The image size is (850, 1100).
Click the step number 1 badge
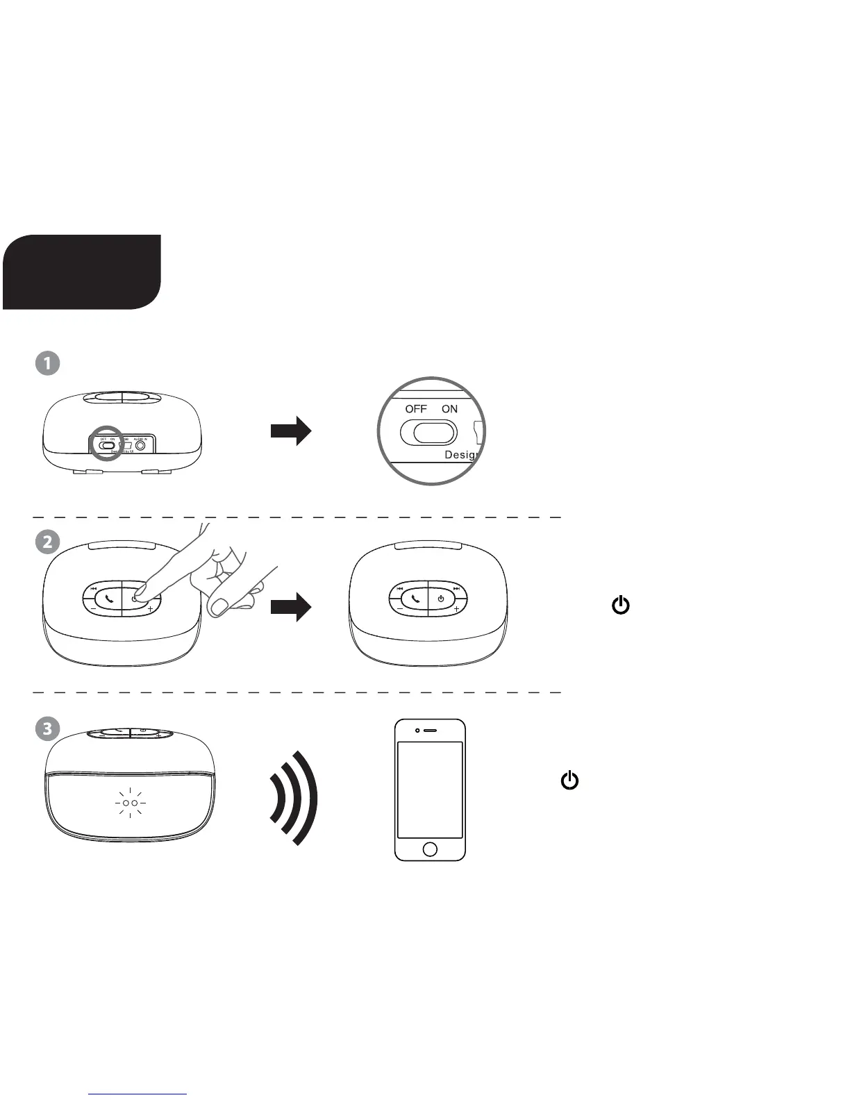tap(47, 363)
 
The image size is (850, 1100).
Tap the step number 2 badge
tap(47, 542)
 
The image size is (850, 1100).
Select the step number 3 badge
tap(47, 728)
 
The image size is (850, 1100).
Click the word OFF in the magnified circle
tap(416, 409)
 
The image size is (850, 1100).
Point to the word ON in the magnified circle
tap(449, 409)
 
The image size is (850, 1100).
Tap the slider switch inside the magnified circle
tap(428, 433)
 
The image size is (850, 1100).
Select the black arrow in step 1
tap(291, 431)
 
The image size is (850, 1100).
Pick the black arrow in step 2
tap(291, 607)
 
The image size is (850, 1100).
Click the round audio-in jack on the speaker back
tap(142, 446)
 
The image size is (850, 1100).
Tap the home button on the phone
tap(430, 849)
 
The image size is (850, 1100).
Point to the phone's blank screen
tap(430, 790)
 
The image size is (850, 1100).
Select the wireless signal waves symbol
tap(296, 798)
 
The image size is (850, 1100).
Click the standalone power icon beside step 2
tap(620, 606)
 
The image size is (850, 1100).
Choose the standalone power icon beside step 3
tap(569, 781)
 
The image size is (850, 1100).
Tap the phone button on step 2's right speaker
tap(415, 598)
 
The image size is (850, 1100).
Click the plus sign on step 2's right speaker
tap(456, 609)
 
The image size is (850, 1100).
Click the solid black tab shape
tap(81, 272)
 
